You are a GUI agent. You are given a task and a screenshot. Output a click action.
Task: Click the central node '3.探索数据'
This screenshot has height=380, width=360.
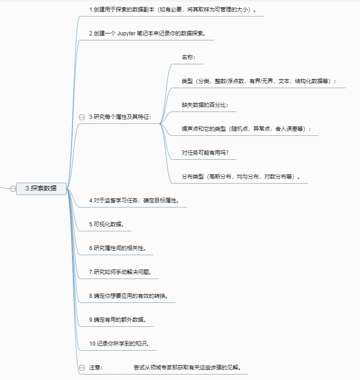(x=41, y=188)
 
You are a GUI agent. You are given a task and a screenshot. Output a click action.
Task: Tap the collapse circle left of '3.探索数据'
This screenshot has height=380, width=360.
(x=13, y=188)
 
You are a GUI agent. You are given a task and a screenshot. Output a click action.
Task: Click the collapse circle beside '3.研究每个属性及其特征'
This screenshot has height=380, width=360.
(x=82, y=117)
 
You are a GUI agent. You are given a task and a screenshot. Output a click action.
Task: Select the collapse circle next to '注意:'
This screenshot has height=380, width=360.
(x=82, y=368)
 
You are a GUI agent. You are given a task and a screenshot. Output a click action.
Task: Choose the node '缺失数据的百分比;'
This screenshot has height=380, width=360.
(x=202, y=105)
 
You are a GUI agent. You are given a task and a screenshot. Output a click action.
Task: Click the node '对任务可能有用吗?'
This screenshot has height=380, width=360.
(x=205, y=152)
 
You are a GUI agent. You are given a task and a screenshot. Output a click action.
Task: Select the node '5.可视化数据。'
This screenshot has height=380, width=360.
(x=107, y=224)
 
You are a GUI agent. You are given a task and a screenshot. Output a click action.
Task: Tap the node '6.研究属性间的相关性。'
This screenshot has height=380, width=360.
(x=118, y=248)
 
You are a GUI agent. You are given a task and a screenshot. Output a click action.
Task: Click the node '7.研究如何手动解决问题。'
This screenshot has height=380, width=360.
(x=120, y=272)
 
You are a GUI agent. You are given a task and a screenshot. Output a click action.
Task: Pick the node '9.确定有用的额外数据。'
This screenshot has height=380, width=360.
(x=118, y=320)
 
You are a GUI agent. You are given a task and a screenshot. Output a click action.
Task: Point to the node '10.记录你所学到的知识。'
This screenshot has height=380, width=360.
(x=119, y=344)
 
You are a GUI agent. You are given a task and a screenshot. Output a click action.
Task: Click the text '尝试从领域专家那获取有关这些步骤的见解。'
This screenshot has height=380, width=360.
(x=188, y=368)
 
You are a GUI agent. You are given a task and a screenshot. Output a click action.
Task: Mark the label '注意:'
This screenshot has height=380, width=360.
(x=95, y=368)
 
